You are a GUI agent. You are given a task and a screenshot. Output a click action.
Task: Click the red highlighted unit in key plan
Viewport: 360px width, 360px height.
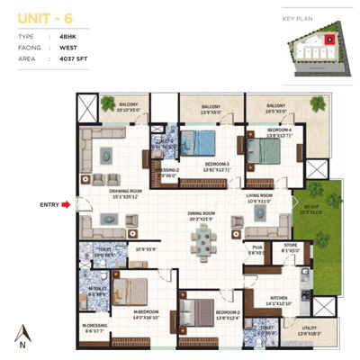329,39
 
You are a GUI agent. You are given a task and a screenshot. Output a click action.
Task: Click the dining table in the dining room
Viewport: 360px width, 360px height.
202,239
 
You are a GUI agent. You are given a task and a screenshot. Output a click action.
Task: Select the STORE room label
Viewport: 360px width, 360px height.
289,244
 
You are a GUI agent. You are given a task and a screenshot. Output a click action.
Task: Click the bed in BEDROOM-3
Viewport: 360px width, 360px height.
199,143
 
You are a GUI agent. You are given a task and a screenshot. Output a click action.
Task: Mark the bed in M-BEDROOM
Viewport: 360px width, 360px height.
135,293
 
